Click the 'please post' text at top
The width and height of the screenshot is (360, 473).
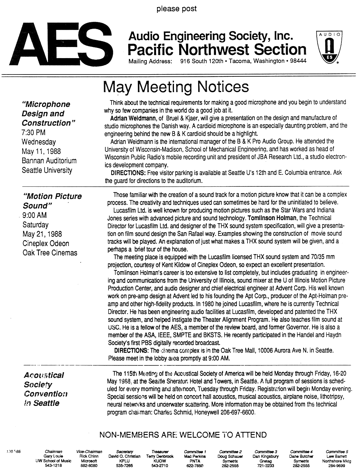click(x=176, y=9)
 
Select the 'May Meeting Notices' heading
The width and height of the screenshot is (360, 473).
click(x=176, y=87)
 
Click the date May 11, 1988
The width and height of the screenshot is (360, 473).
click(x=41, y=151)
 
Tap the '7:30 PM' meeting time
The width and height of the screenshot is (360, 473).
click(x=33, y=133)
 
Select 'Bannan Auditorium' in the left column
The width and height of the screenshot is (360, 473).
click(x=49, y=161)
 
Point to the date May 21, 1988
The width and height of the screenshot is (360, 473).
click(x=42, y=234)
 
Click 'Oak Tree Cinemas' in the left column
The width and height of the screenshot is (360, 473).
click(x=50, y=253)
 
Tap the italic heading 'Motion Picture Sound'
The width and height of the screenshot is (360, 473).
click(x=52, y=201)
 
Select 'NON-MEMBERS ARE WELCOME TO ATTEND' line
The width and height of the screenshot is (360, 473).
click(x=183, y=435)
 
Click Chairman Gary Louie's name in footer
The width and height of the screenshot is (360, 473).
click(x=53, y=456)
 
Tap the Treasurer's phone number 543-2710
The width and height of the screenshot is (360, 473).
click(x=160, y=465)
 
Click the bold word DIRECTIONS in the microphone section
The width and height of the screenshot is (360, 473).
click(x=128, y=173)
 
